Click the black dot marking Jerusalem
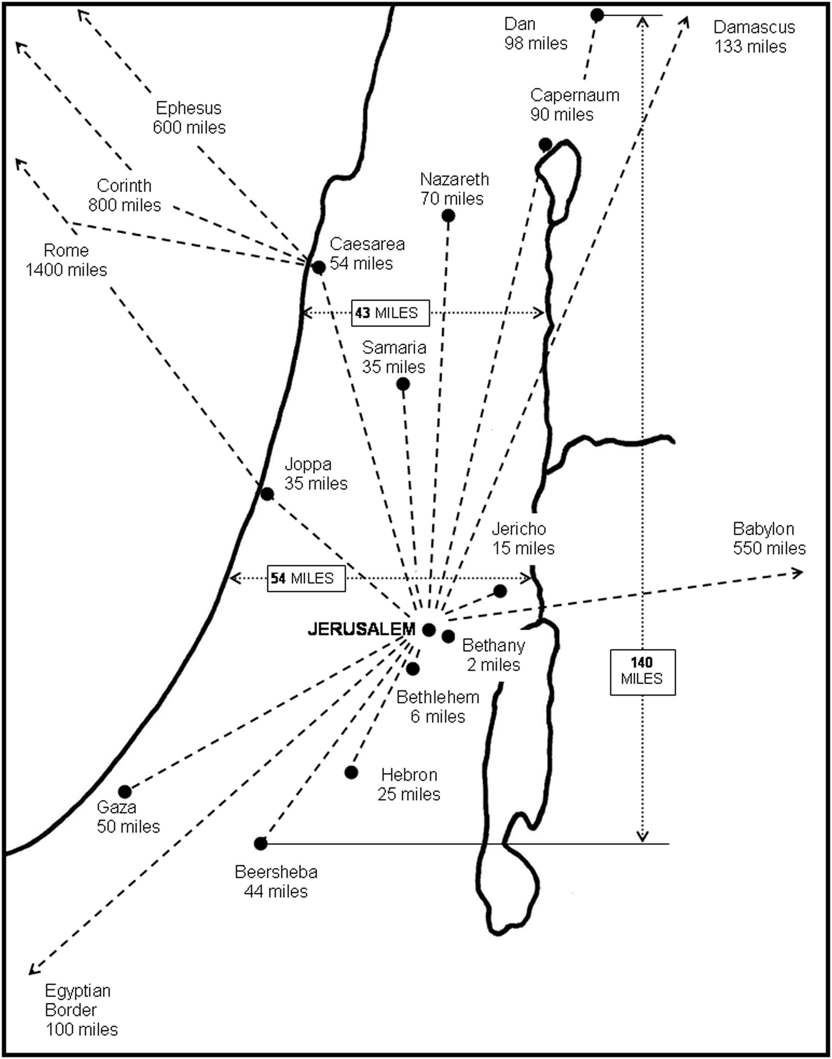(429, 630)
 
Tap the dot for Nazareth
(448, 215)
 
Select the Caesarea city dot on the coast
(319, 268)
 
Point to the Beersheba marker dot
(261, 843)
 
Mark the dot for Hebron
(351, 772)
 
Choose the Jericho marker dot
(500, 591)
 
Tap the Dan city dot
(597, 15)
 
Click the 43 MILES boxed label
(391, 312)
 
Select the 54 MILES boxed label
(306, 578)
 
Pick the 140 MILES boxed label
(643, 672)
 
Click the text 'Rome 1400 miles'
(66, 260)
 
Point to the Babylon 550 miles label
(769, 538)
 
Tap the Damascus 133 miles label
(753, 37)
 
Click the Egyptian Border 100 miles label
(81, 1010)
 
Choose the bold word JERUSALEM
(361, 629)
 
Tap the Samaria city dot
(403, 384)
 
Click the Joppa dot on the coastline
(267, 494)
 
